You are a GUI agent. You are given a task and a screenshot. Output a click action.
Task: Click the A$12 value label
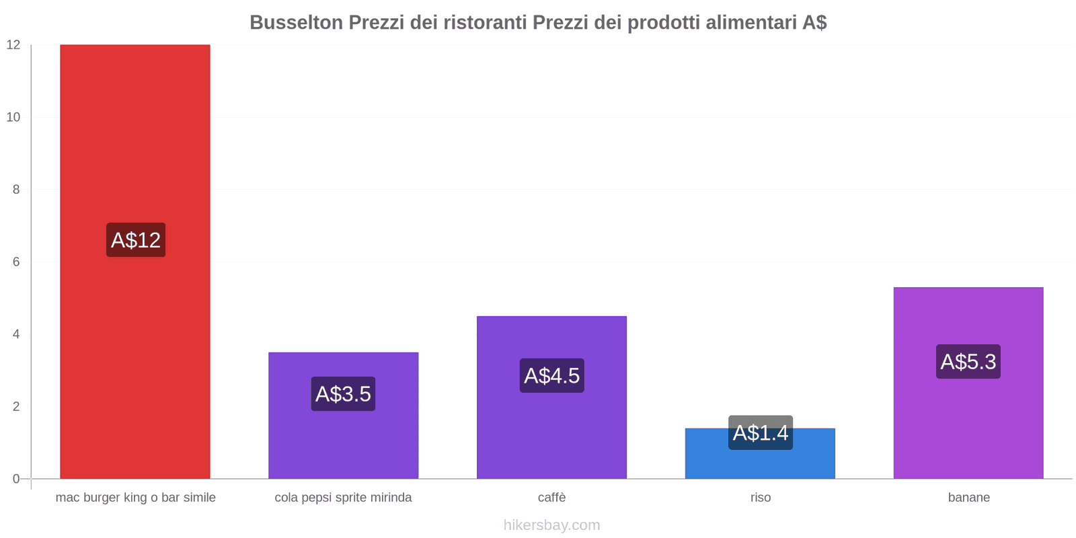point(136,240)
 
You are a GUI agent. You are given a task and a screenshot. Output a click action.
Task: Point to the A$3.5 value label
point(343,394)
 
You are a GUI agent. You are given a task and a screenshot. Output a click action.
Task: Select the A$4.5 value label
point(551,375)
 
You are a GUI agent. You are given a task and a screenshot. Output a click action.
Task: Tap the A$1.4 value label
point(760,432)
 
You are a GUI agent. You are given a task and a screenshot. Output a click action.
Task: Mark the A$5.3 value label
point(968,362)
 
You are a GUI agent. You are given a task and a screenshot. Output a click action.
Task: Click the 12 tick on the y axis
point(13,45)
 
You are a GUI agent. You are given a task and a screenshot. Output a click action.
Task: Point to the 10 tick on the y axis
point(13,117)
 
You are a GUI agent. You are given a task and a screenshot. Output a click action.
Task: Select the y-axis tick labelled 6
point(16,262)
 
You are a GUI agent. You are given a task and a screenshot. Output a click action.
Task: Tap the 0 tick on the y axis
point(16,479)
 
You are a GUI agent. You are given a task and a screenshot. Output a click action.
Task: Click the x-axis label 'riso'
point(761,498)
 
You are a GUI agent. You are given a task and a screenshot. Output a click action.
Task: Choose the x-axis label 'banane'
point(968,498)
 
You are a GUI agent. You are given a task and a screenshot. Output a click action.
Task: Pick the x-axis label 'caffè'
point(551,498)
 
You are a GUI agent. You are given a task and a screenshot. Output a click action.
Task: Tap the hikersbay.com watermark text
point(551,525)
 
